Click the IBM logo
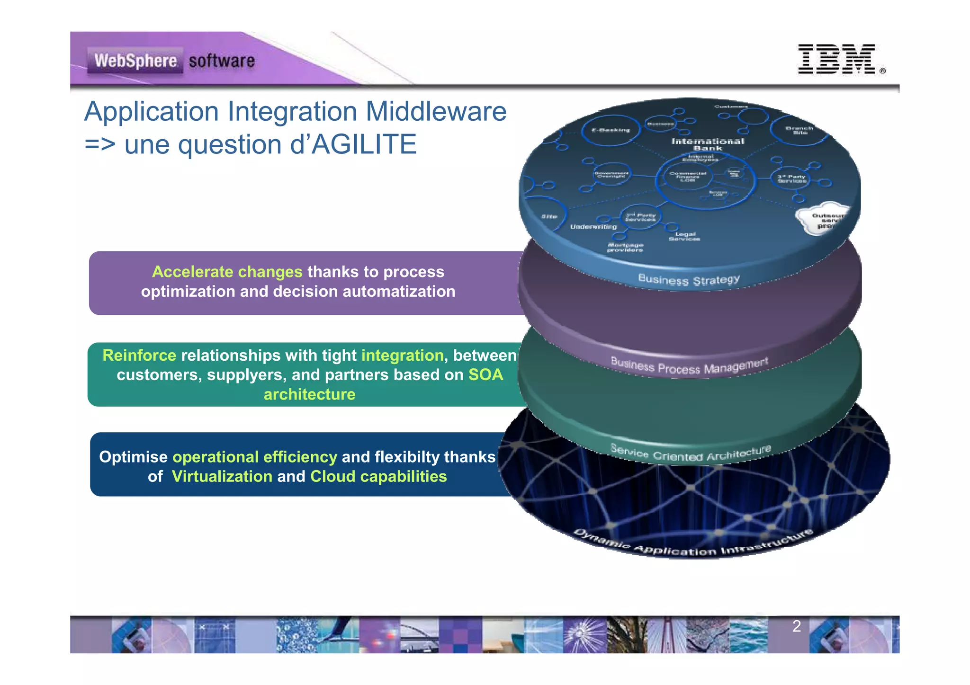pyautogui.click(x=836, y=59)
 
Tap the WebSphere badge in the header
pyautogui.click(x=135, y=61)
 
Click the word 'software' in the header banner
pyautogui.click(x=222, y=61)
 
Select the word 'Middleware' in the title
pyautogui.click(x=436, y=112)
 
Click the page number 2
pyautogui.click(x=797, y=626)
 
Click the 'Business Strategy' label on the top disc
pyautogui.click(x=689, y=280)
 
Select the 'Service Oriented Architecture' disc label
pyautogui.click(x=690, y=454)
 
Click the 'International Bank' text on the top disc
pyautogui.click(x=708, y=144)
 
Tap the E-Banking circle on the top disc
pyautogui.click(x=611, y=130)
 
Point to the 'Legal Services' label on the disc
pyautogui.click(x=684, y=236)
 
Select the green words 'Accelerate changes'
pyautogui.click(x=227, y=272)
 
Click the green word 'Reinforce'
pyautogui.click(x=139, y=356)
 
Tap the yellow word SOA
pyautogui.click(x=485, y=375)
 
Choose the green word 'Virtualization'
pyautogui.click(x=222, y=477)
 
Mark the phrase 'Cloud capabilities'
pyautogui.click(x=378, y=477)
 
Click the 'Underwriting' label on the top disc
pyautogui.click(x=593, y=227)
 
